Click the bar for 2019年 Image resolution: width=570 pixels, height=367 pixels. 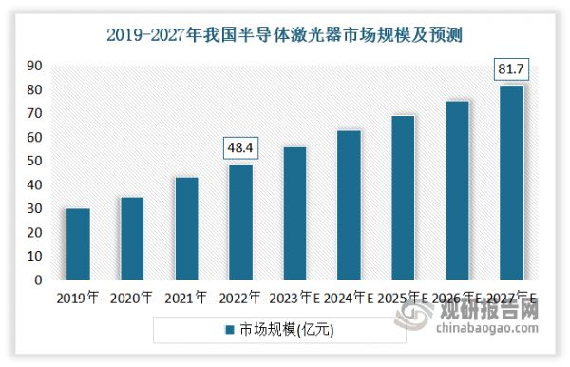pyautogui.click(x=78, y=244)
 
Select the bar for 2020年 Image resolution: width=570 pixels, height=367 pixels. pyautogui.click(x=132, y=239)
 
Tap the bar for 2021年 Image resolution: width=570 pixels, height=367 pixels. pyautogui.click(x=186, y=229)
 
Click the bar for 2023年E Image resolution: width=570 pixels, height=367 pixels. pyautogui.click(x=294, y=214)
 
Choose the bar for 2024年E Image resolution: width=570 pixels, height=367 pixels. pyautogui.click(x=349, y=205)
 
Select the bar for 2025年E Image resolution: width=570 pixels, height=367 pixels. pyautogui.click(x=403, y=198)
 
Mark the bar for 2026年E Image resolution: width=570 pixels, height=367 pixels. pyautogui.click(x=457, y=190)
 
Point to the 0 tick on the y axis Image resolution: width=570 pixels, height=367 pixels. pyautogui.click(x=38, y=280)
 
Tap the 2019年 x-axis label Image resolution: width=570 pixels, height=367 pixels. pyautogui.click(x=78, y=299)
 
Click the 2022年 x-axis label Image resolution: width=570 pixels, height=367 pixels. pyautogui.click(x=240, y=299)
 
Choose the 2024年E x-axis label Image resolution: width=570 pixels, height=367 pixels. pyautogui.click(x=349, y=299)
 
